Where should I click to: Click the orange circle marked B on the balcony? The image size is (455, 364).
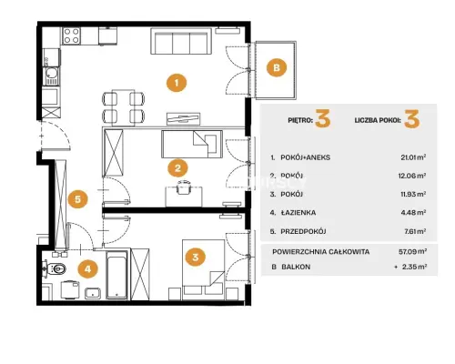pyautogui.click(x=277, y=67)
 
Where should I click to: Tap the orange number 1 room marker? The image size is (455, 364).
pyautogui.click(x=177, y=82)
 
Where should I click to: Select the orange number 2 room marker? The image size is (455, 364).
pyautogui.click(x=177, y=167)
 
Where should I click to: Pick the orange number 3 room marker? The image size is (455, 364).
pyautogui.click(x=196, y=257)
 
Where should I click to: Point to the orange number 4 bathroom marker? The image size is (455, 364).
pyautogui.click(x=88, y=268)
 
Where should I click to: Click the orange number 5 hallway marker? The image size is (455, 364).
pyautogui.click(x=78, y=199)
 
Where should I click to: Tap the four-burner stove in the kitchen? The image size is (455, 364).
pyautogui.click(x=72, y=35)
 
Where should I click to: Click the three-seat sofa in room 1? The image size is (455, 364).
pyautogui.click(x=181, y=42)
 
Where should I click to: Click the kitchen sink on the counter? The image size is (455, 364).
pyautogui.click(x=52, y=76)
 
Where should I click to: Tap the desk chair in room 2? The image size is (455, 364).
pyautogui.click(x=184, y=187)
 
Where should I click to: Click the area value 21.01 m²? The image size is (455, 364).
pyautogui.click(x=413, y=157)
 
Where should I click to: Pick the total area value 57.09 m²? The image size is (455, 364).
pyautogui.click(x=413, y=251)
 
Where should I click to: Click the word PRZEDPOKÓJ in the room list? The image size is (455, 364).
pyautogui.click(x=303, y=231)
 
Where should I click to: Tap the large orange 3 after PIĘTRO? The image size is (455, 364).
pyautogui.click(x=323, y=119)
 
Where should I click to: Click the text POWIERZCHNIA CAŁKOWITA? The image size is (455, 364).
pyautogui.click(x=321, y=252)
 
